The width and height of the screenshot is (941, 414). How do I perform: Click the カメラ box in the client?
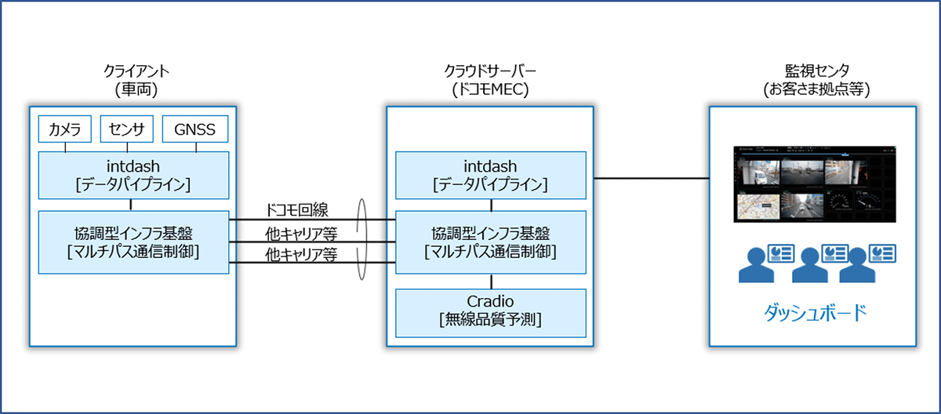[65, 129]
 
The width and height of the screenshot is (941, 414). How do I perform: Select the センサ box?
[127, 129]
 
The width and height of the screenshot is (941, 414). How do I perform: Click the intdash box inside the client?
[130, 174]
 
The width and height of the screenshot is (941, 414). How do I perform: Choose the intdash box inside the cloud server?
[491, 174]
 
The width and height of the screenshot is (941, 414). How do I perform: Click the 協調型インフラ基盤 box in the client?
[130, 241]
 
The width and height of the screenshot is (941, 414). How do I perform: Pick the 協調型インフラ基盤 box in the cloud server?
[491, 241]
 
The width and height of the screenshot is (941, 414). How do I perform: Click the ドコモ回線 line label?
[297, 209]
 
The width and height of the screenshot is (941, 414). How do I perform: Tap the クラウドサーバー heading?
[491, 71]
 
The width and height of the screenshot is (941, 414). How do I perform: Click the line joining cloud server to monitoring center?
[651, 178]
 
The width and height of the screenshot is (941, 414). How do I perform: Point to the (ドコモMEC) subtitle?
[491, 89]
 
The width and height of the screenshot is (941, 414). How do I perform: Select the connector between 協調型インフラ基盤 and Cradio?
[492, 281]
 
